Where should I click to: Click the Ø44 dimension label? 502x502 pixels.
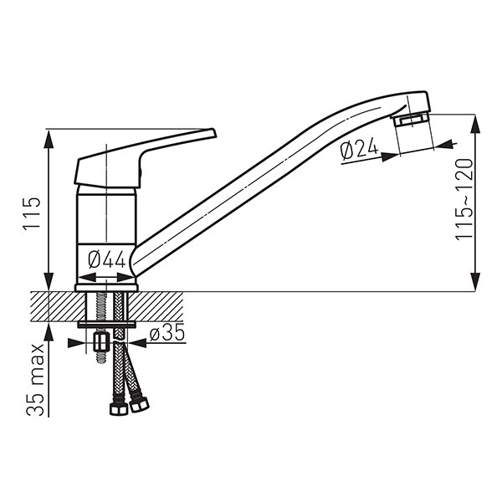tap(107, 259)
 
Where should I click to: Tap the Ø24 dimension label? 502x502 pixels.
tap(359, 151)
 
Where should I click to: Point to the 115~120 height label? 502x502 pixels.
tap(464, 199)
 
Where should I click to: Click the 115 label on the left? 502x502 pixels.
tap(32, 213)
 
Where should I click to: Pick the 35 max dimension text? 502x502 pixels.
tap(35, 380)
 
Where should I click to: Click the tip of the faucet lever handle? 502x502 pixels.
tap(214, 132)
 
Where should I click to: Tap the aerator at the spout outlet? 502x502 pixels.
tap(411, 120)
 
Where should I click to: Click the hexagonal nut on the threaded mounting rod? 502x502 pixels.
tap(102, 342)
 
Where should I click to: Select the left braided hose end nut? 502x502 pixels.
tap(119, 409)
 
